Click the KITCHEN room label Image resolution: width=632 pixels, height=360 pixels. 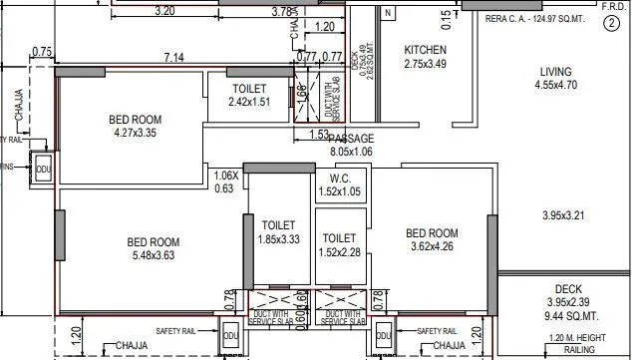[x=425, y=50]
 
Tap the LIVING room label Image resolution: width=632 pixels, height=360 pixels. [x=555, y=72]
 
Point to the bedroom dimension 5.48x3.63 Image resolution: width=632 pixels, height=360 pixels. [x=153, y=256]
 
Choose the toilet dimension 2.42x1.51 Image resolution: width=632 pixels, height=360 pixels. [x=249, y=102]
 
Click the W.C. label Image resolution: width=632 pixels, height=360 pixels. [x=340, y=179]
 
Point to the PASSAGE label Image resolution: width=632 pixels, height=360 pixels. [x=351, y=139]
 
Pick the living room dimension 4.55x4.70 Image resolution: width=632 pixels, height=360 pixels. [x=556, y=86]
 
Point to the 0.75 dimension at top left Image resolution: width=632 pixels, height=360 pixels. [x=42, y=51]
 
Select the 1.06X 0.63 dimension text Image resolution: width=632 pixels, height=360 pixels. [x=226, y=181]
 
